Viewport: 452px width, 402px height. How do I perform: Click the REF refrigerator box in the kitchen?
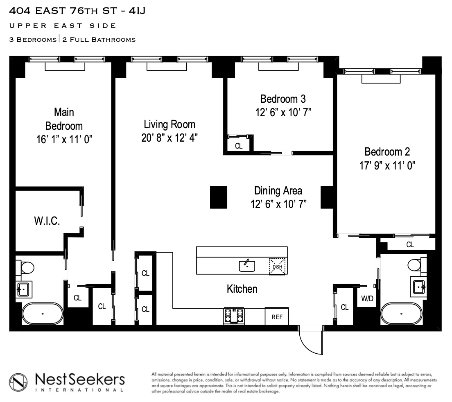[x=277, y=317]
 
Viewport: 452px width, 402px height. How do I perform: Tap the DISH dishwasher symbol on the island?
[x=278, y=267]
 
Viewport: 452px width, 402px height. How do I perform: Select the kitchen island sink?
[x=247, y=266]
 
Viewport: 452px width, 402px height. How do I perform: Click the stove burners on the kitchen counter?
[x=233, y=316]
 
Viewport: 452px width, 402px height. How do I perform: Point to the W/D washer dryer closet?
[x=367, y=299]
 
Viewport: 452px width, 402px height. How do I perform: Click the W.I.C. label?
[x=47, y=221]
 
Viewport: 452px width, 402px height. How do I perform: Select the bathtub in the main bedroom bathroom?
[x=43, y=314]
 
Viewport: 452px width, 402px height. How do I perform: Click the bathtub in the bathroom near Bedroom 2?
[x=401, y=314]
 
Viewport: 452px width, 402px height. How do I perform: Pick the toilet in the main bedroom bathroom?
[x=27, y=269]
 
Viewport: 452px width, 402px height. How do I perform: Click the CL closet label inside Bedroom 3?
[x=238, y=146]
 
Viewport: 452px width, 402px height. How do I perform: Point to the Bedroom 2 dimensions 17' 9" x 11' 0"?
[x=387, y=165]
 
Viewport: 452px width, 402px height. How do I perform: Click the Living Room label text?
[x=169, y=124]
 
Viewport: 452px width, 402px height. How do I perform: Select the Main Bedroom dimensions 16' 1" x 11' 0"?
[x=63, y=140]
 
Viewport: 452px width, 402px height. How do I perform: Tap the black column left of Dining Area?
[x=219, y=197]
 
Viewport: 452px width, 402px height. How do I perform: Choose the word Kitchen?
[x=242, y=289]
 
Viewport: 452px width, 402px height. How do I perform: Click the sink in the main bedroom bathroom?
[x=23, y=289]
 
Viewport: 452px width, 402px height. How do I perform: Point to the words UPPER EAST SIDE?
[x=62, y=26]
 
